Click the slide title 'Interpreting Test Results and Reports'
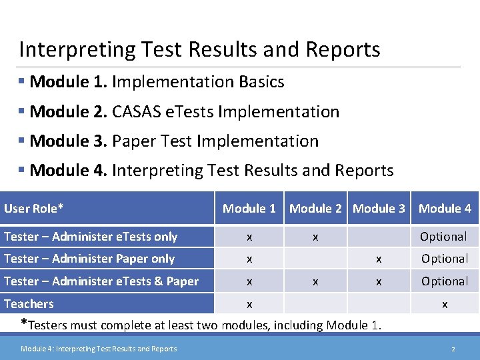pos(199,49)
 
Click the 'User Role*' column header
pos(34,209)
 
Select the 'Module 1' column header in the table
pos(249,209)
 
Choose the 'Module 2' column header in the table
pos(315,209)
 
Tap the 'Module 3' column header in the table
pos(379,209)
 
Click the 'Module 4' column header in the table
pos(445,209)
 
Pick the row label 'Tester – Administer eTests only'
pos(91,237)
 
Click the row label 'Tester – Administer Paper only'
pos(89,259)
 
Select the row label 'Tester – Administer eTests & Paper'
pos(101,281)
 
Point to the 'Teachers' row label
pos(29,304)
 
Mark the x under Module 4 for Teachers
pos(445,305)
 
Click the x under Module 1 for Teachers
pos(249,305)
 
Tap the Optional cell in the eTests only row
pos(443,237)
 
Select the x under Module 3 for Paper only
pos(379,259)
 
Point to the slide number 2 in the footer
pos(453,349)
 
